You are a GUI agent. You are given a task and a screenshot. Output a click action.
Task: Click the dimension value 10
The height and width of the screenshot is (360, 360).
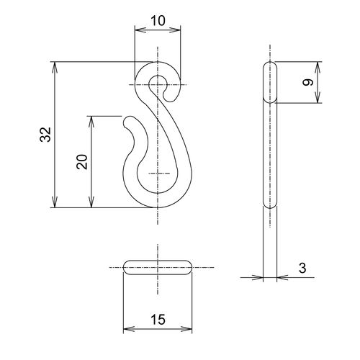[158, 21]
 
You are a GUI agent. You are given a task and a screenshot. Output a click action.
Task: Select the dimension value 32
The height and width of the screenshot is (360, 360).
[45, 135]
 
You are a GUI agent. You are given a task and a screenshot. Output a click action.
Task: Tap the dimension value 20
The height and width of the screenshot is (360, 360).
[82, 162]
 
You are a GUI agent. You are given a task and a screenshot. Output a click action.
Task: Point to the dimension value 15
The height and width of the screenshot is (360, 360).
[158, 320]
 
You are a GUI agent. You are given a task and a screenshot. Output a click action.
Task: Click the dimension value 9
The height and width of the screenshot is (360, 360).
[308, 83]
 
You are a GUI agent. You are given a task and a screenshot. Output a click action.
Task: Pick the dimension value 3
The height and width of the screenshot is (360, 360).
[302, 268]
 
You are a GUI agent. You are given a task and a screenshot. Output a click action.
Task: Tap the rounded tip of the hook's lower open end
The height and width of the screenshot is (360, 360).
[127, 122]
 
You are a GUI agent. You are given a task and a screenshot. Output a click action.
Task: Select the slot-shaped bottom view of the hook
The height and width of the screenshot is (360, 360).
[158, 267]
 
